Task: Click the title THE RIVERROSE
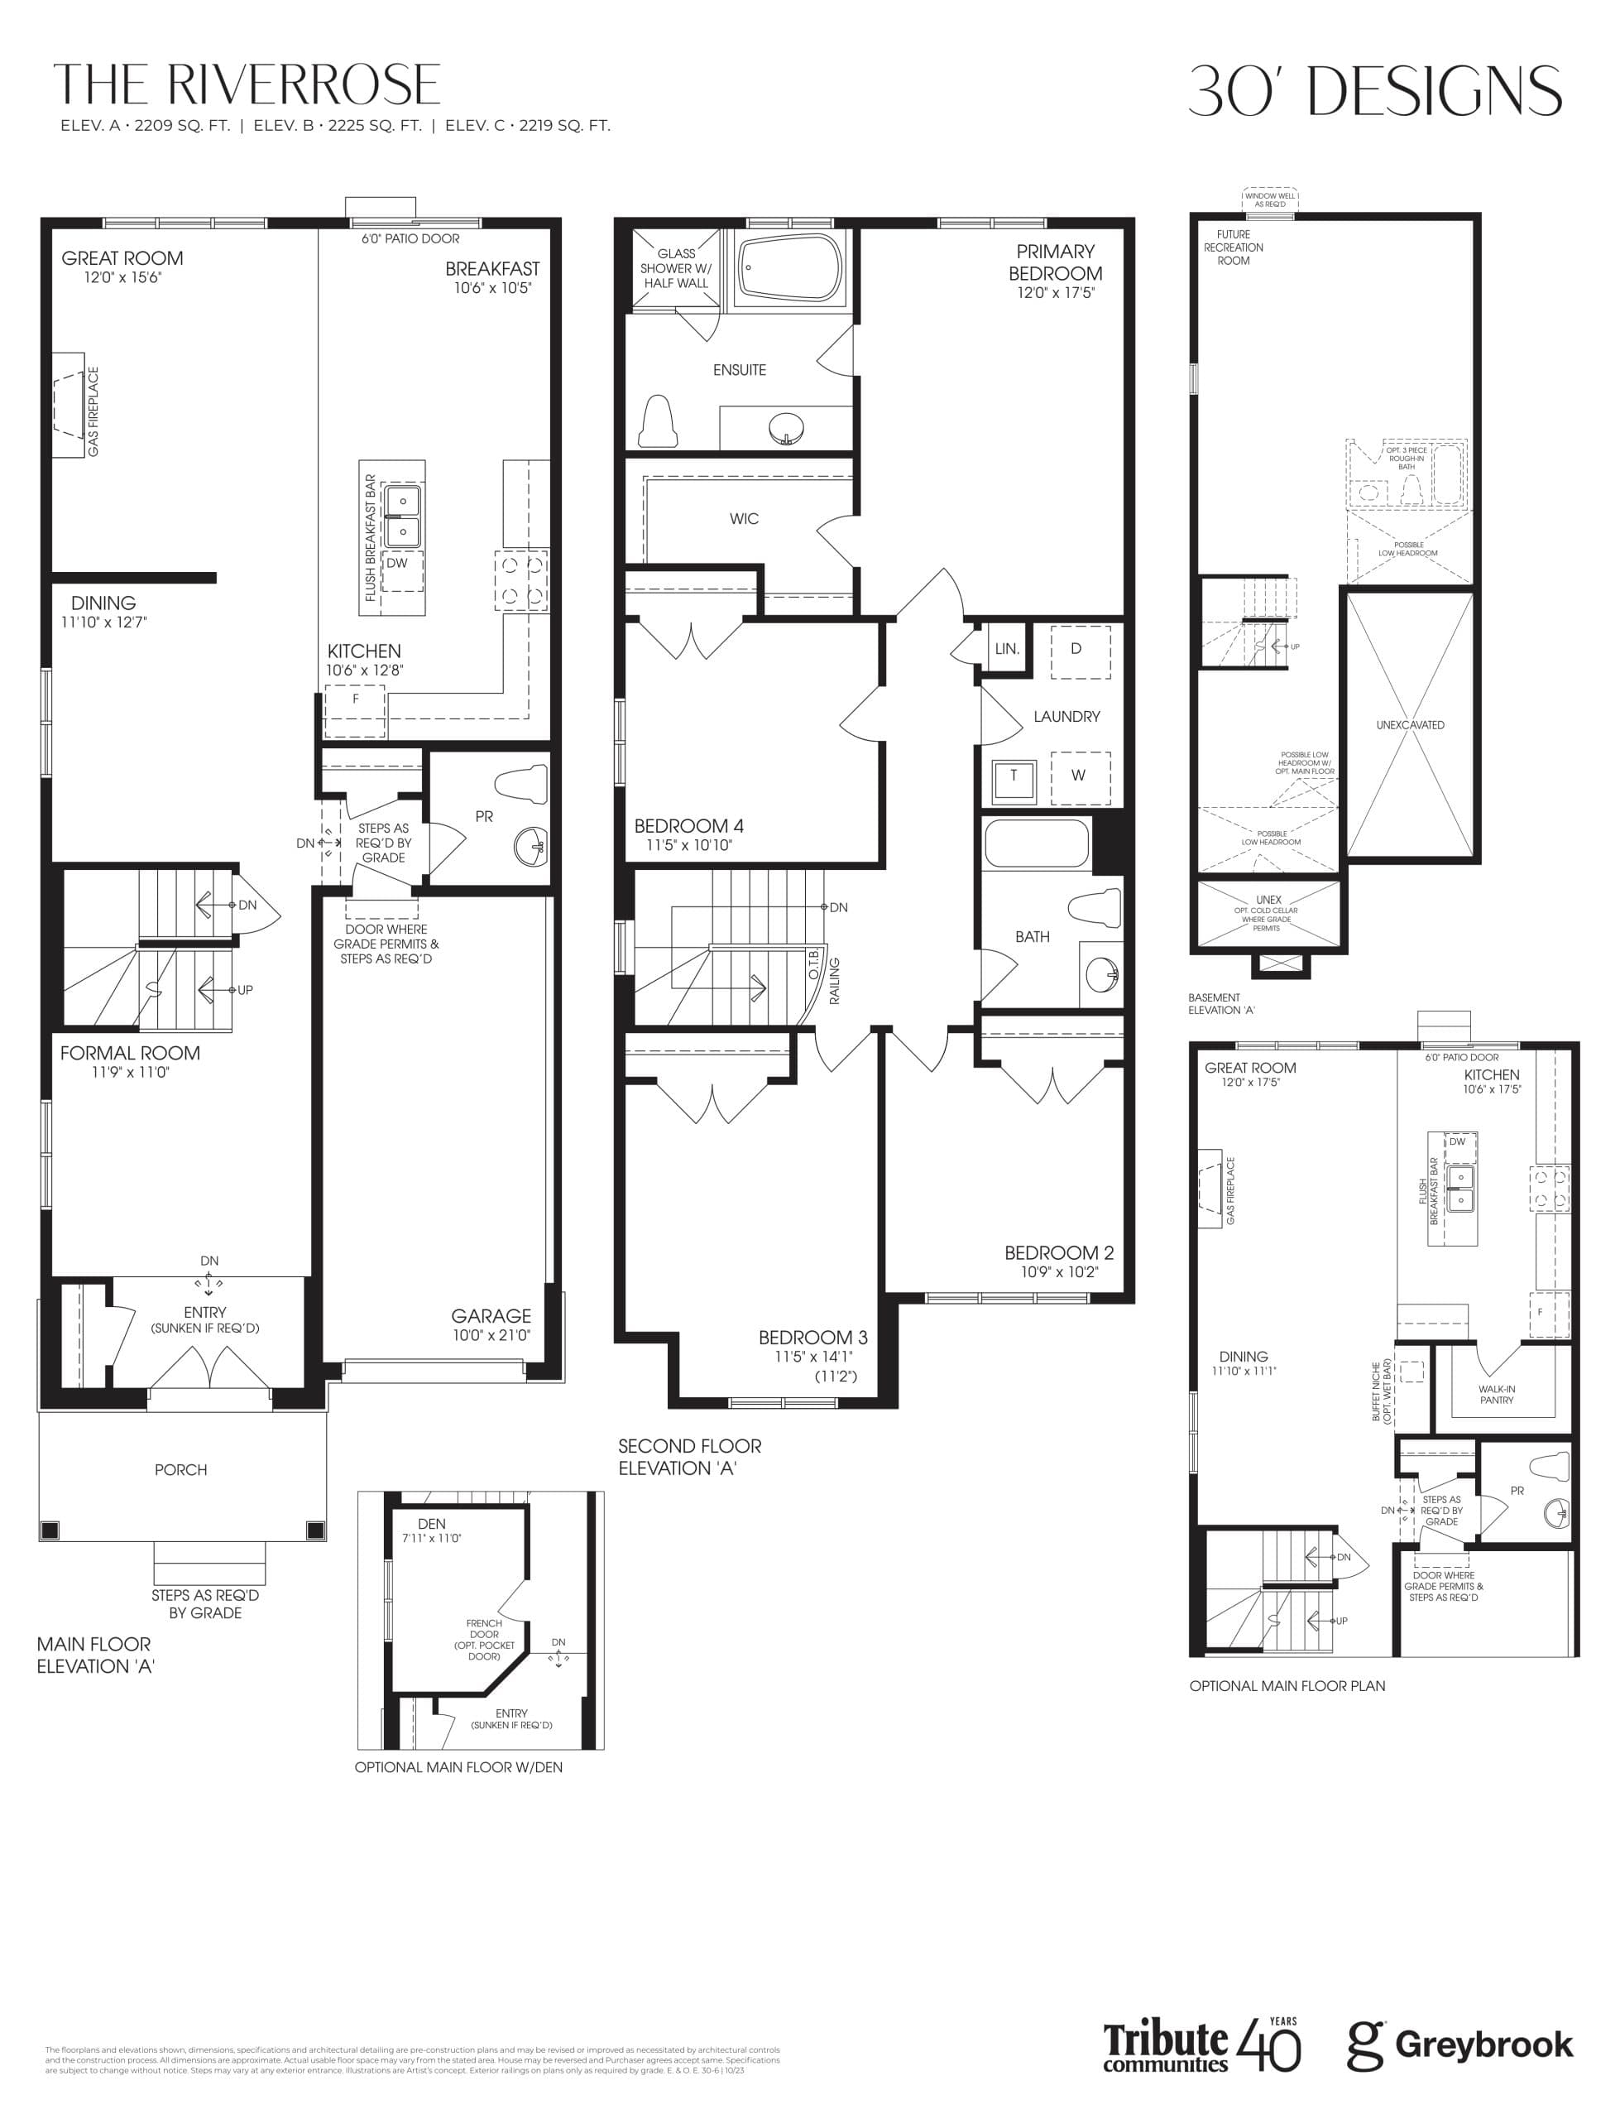click(x=247, y=85)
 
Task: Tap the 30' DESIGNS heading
click(x=1374, y=91)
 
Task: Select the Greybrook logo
click(x=1460, y=2045)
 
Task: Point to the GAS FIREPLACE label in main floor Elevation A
click(x=93, y=412)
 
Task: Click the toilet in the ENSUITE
click(x=659, y=421)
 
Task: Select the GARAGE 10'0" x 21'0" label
click(x=491, y=1324)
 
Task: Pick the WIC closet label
click(x=744, y=519)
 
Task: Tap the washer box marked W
click(x=1079, y=776)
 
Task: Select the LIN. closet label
click(x=1007, y=649)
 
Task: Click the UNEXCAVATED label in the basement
click(x=1410, y=725)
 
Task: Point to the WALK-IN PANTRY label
click(x=1497, y=1395)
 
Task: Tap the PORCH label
click(x=180, y=1469)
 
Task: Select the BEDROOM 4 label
click(x=688, y=834)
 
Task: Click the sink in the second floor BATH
click(x=1101, y=974)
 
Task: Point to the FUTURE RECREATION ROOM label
click(x=1234, y=247)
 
